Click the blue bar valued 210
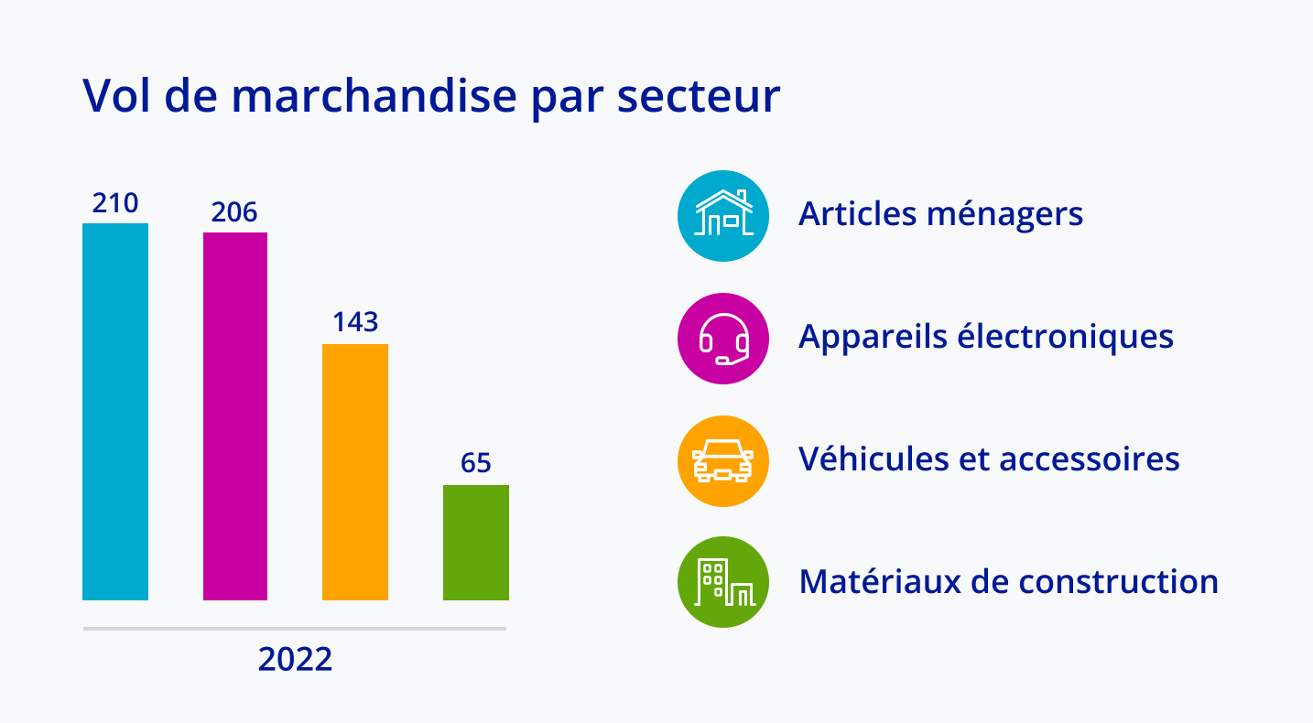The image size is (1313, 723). (115, 412)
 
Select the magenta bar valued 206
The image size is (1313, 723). (235, 416)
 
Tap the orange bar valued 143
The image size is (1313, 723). (355, 472)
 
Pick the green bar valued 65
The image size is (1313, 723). (476, 543)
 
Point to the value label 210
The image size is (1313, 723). (115, 203)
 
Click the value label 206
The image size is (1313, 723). (234, 212)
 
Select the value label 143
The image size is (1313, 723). (355, 322)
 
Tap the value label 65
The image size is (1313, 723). (476, 463)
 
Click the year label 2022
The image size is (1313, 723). (295, 660)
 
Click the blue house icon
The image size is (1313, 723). (723, 216)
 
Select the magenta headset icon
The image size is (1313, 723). (723, 339)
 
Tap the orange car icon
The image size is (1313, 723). (723, 460)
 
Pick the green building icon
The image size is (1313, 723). (723, 582)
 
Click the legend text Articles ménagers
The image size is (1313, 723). (941, 214)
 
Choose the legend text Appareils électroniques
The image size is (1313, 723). (986, 337)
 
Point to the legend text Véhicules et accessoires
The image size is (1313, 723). (989, 459)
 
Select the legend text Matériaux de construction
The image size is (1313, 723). (1009, 581)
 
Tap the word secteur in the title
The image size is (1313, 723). (699, 95)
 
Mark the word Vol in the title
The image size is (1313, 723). (115, 95)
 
